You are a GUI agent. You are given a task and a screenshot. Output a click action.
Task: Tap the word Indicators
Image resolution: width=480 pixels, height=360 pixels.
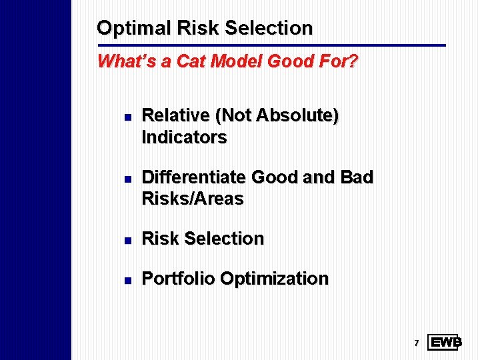(x=185, y=137)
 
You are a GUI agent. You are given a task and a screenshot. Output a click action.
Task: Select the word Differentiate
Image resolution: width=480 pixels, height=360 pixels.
(x=193, y=177)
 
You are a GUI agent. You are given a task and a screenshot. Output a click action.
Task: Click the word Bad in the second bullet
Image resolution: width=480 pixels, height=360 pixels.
(x=357, y=177)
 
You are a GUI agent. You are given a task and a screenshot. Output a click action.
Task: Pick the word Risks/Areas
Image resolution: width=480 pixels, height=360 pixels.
(x=193, y=199)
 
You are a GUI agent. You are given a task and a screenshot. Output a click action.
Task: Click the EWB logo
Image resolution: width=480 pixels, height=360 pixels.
(x=445, y=343)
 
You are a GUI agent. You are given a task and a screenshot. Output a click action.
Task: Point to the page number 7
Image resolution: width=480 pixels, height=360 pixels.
(x=416, y=343)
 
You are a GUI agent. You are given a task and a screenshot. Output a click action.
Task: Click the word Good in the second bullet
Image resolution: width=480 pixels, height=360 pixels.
(x=275, y=177)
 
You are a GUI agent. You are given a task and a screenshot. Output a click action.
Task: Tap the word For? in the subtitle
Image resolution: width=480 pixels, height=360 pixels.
(x=340, y=62)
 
